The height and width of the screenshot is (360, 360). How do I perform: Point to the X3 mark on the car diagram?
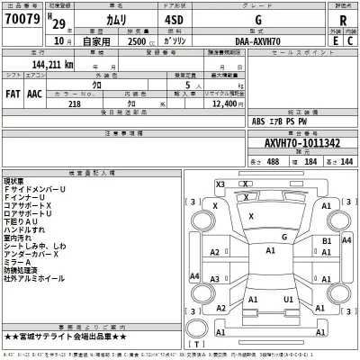click(219, 184)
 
